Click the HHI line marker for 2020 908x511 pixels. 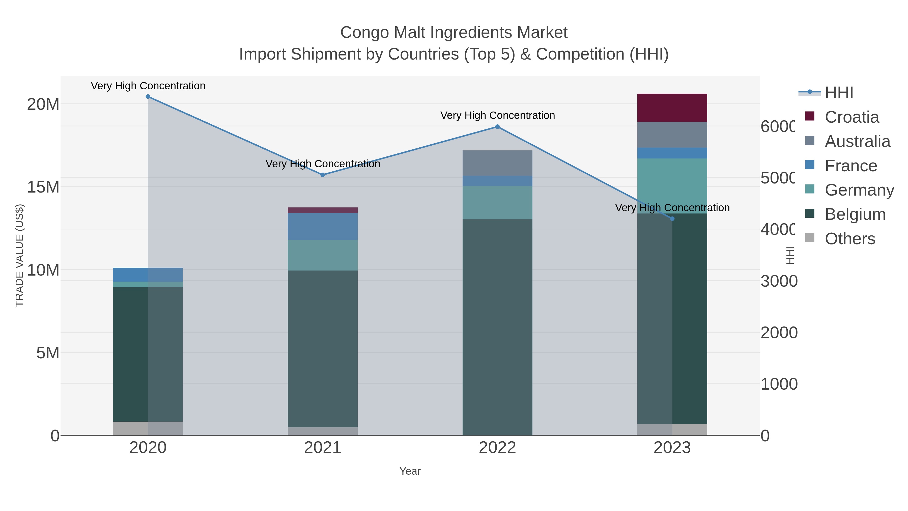click(148, 97)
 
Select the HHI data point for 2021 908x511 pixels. click(323, 175)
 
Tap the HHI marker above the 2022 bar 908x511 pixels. click(497, 127)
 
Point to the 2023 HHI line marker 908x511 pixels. click(672, 219)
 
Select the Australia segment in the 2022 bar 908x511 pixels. click(497, 163)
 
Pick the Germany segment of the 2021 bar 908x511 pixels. click(323, 255)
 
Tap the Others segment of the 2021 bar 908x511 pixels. click(323, 431)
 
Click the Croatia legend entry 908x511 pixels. click(851, 117)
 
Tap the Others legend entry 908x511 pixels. click(849, 239)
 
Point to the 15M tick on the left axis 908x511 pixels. click(43, 187)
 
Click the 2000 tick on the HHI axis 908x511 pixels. click(779, 333)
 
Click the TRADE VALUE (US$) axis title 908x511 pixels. click(20, 255)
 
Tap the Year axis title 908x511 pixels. click(410, 471)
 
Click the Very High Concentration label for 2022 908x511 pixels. click(497, 115)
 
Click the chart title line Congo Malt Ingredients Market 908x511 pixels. click(454, 33)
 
